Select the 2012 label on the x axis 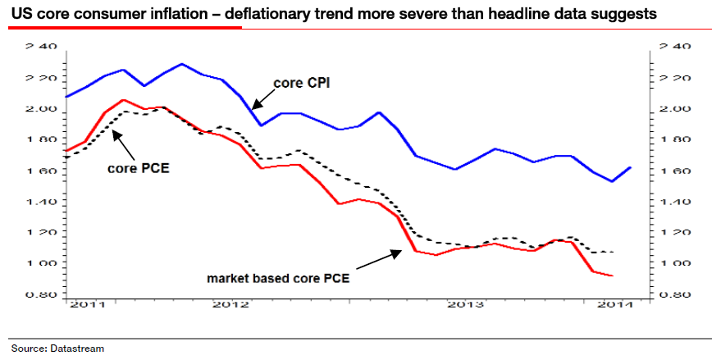pos(230,304)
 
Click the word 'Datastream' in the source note pos(80,349)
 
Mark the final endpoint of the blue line pos(631,167)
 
